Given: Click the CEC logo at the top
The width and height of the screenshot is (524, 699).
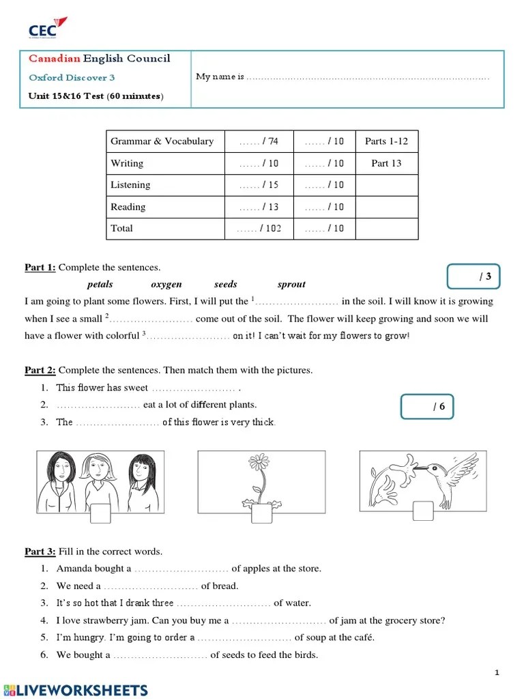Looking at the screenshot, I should [x=47, y=29].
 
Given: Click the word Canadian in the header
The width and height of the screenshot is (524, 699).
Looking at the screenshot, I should [x=54, y=59].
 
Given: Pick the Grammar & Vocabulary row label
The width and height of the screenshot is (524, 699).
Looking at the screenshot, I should [x=162, y=141].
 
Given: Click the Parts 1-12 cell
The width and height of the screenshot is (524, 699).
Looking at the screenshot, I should [x=386, y=141].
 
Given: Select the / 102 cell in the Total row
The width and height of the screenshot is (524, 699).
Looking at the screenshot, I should [x=259, y=229].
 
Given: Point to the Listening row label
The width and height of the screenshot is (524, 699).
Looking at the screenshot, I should [x=130, y=185].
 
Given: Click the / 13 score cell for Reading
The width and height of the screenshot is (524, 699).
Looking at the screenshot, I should [x=259, y=207].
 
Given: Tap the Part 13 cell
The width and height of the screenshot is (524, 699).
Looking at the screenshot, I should [x=386, y=163].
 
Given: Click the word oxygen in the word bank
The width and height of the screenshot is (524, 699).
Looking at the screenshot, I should [x=166, y=285].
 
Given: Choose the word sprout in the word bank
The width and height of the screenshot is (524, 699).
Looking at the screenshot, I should [x=291, y=285].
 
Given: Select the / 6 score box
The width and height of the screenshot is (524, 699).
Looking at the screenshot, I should [x=427, y=407].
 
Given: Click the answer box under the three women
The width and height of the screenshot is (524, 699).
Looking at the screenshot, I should [x=100, y=513].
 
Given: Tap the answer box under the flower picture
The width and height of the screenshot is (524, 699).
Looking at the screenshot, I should [x=261, y=513].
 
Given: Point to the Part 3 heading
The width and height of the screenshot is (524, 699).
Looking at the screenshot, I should [x=40, y=552].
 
